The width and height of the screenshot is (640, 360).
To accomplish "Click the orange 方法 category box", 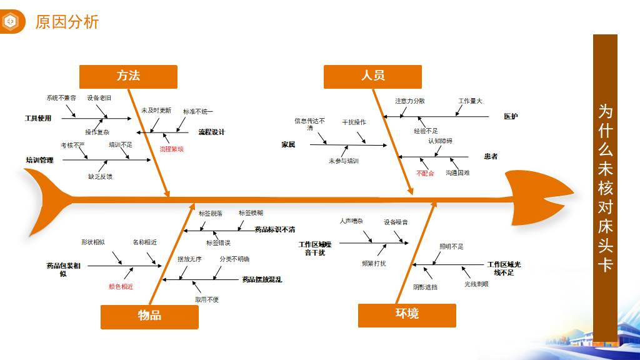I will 128,76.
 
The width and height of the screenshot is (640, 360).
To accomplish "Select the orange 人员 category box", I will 372,76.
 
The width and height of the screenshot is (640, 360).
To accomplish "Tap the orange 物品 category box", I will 149,316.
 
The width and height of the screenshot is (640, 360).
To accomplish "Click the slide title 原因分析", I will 67,22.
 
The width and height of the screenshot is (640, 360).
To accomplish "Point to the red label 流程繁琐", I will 171,149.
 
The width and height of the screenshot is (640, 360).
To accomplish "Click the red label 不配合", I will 425,173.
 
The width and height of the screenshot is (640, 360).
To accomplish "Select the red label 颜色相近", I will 121,286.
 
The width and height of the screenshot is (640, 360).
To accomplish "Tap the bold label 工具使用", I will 37,118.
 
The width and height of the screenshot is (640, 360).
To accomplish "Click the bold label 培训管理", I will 39,160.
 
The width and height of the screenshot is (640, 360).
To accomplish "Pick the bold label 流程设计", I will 211,132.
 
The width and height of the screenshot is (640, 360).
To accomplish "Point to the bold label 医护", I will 511,116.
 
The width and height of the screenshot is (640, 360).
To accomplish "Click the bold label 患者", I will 491,156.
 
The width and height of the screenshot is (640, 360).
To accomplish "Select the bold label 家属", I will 288,145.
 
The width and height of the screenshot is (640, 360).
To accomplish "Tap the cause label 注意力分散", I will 410,101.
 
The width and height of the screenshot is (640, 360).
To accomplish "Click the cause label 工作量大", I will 470,101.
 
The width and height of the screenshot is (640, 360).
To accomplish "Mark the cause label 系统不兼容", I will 61,98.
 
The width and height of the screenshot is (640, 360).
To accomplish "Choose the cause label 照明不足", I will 451,247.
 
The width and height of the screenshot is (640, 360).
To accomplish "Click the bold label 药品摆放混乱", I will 262,280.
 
